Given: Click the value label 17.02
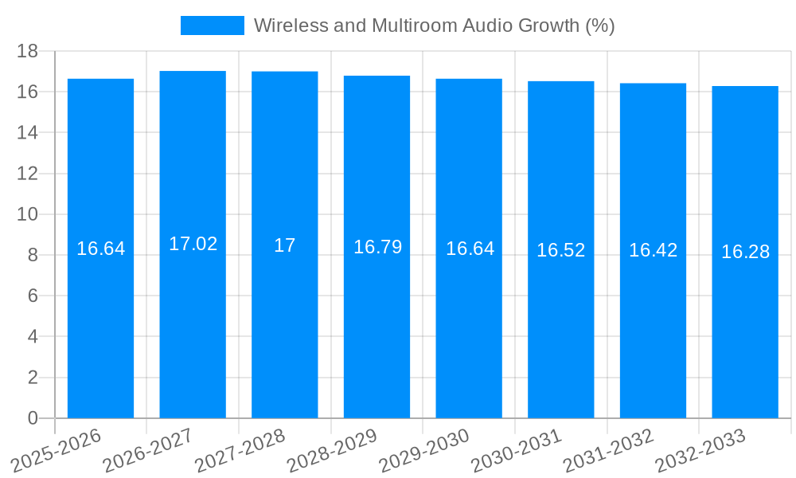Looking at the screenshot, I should [193, 244].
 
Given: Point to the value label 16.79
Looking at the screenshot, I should [377, 247].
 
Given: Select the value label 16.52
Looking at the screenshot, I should [561, 250].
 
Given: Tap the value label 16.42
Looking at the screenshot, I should [653, 250].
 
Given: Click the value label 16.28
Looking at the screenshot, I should [745, 252].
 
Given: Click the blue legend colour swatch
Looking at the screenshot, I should [212, 25].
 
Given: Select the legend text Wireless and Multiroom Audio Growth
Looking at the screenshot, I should [434, 25].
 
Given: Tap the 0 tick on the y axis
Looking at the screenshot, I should [33, 418].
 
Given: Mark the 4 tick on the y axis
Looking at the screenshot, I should [33, 337].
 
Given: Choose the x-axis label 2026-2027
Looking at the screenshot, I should [147, 450].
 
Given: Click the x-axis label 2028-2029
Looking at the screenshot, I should [331, 450].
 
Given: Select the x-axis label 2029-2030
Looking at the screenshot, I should [423, 450].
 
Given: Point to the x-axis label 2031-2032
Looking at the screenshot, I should [607, 450].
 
